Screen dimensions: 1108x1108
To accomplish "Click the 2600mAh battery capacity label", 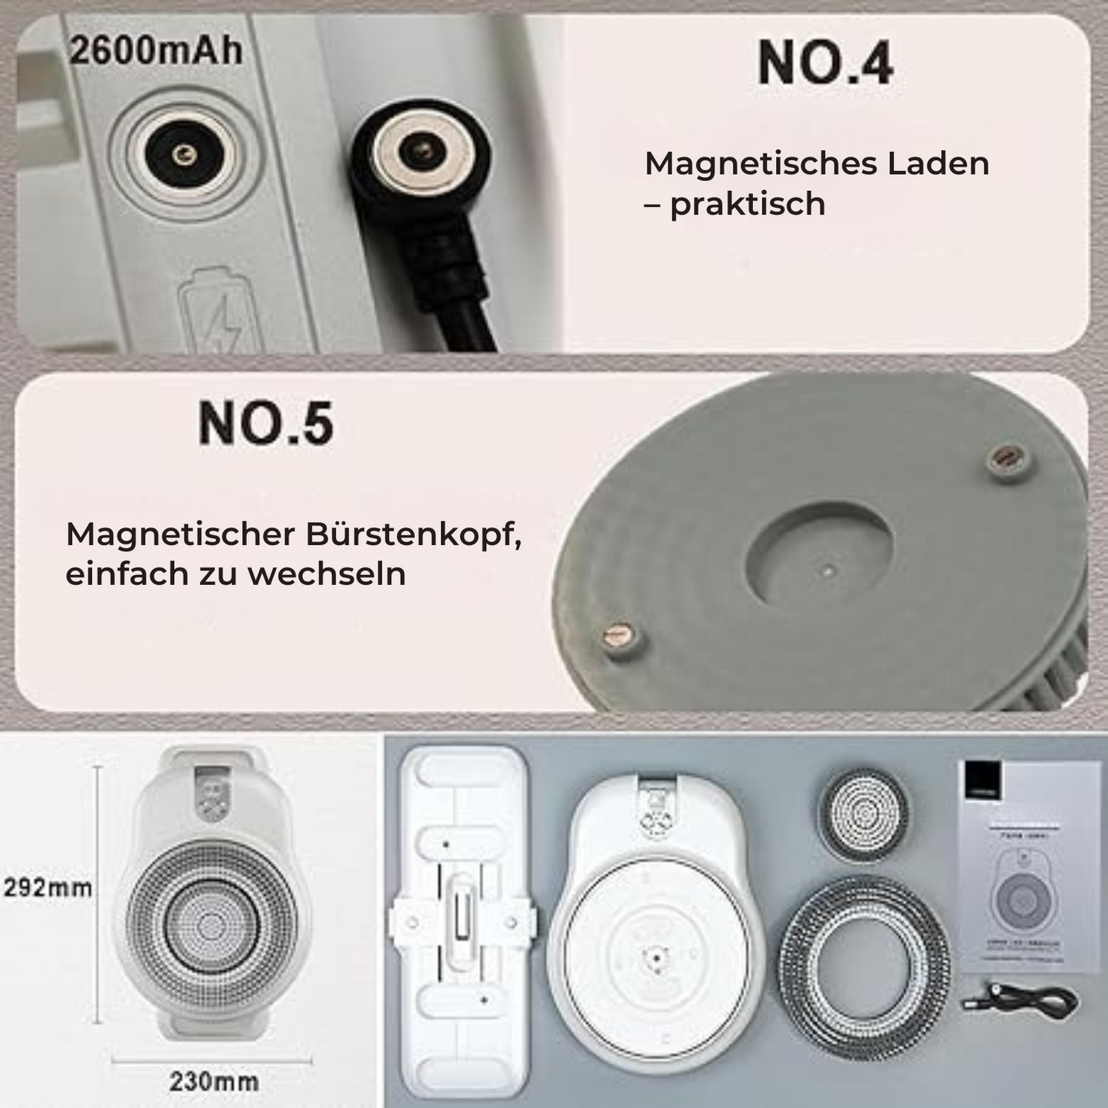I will click(156, 51).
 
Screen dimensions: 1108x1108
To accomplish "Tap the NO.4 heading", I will click(825, 63).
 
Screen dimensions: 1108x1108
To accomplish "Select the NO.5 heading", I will click(265, 423).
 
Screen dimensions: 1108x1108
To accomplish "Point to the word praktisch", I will click(748, 204).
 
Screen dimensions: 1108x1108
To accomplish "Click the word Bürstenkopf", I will click(413, 534).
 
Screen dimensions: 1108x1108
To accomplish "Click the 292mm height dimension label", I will click(48, 888).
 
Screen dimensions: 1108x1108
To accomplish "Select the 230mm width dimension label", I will click(213, 1081).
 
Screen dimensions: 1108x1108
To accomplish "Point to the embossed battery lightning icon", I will click(217, 309).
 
